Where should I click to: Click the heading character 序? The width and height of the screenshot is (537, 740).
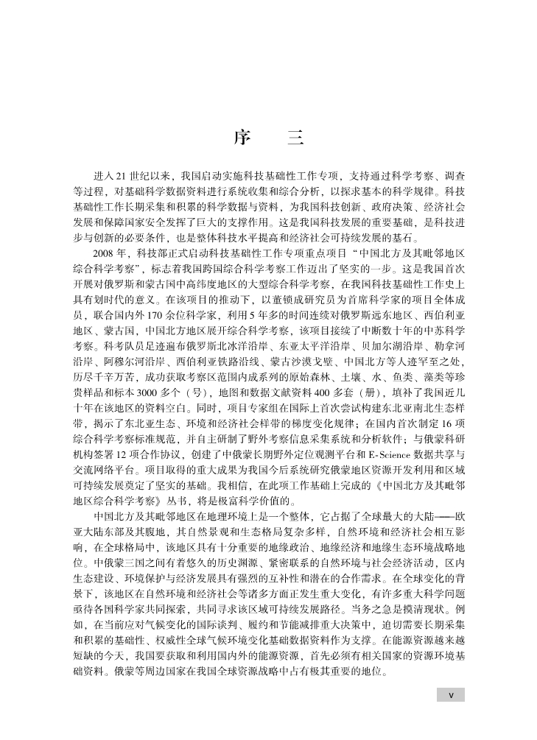pos(242,137)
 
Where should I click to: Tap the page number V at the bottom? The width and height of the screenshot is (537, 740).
pos(451,694)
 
